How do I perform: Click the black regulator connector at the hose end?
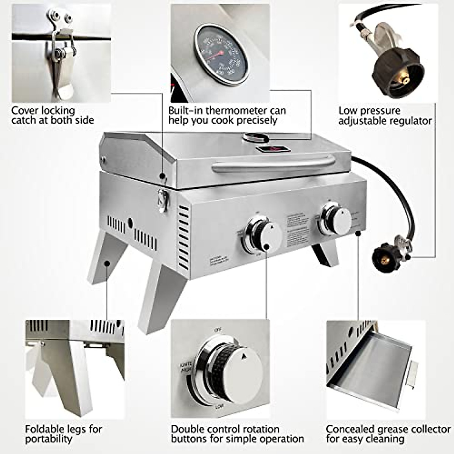(386, 257)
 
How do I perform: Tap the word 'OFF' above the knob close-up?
(218, 330)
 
